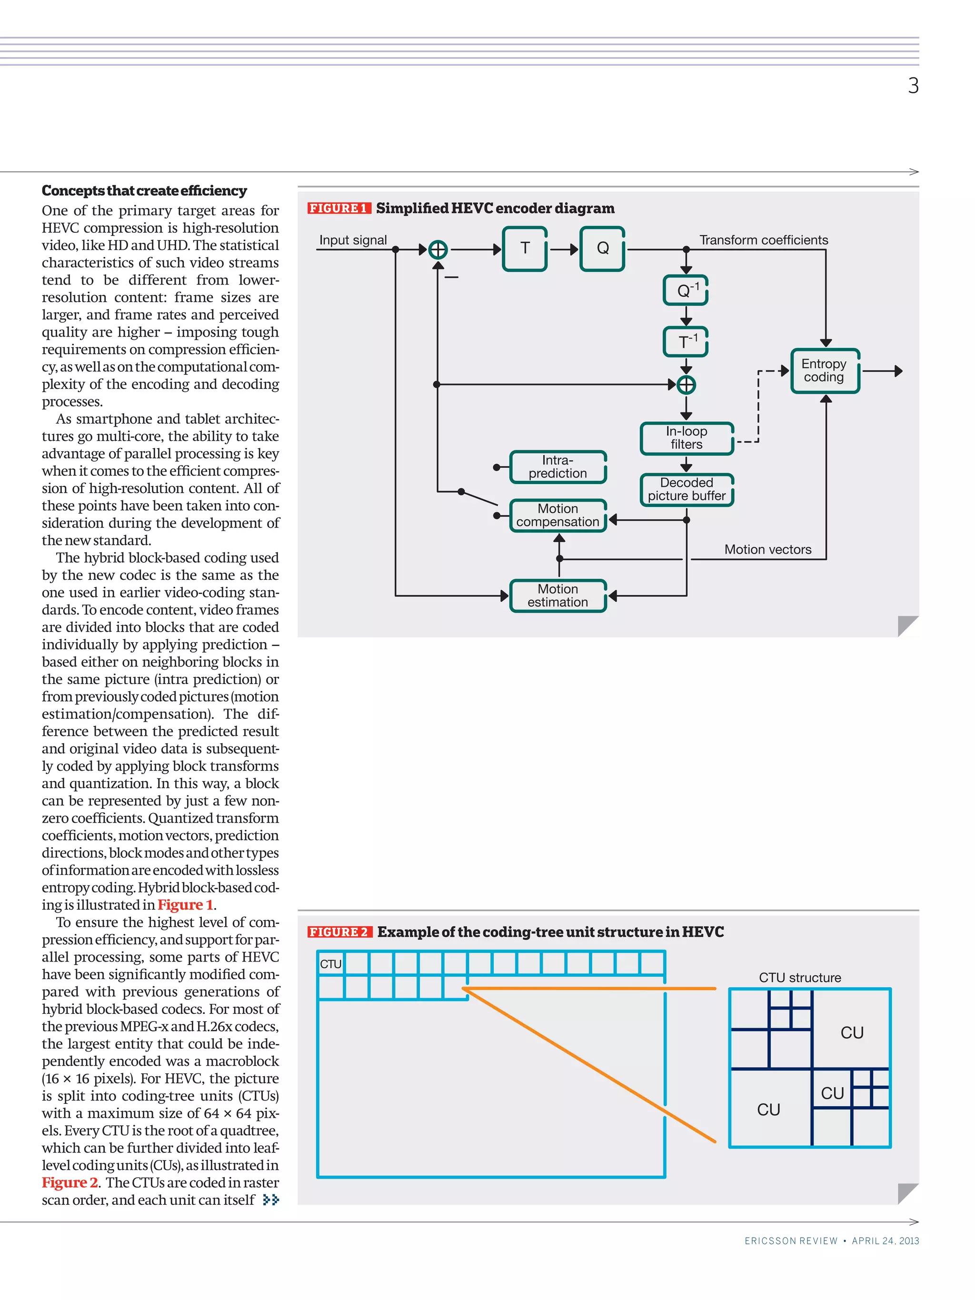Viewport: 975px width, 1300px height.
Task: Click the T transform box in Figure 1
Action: tap(524, 248)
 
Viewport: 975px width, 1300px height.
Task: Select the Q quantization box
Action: tap(602, 248)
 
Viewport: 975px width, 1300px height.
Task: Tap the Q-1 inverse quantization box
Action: tap(685, 290)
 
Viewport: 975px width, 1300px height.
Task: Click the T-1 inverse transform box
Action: tap(685, 341)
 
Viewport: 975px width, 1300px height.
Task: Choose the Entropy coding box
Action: tap(825, 371)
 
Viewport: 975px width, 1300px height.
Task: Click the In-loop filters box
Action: tap(686, 438)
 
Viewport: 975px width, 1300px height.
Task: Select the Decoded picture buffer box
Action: tap(686, 489)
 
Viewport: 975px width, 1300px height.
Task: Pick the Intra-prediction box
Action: tap(558, 467)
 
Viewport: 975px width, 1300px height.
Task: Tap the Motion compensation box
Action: tap(558, 516)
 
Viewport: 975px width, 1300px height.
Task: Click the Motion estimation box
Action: tap(558, 596)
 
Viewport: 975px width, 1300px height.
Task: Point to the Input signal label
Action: tap(353, 240)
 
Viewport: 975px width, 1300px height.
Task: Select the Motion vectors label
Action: tap(767, 549)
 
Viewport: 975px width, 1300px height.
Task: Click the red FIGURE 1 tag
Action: tap(338, 208)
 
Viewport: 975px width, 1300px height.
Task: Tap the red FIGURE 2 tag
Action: tap(339, 932)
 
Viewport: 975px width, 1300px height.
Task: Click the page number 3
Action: tap(913, 86)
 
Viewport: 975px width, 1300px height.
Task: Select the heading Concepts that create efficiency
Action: tap(144, 190)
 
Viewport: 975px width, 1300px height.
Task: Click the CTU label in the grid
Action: tap(330, 964)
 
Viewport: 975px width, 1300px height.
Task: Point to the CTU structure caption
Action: tap(799, 977)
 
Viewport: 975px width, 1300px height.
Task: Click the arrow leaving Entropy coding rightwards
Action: tap(882, 371)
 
